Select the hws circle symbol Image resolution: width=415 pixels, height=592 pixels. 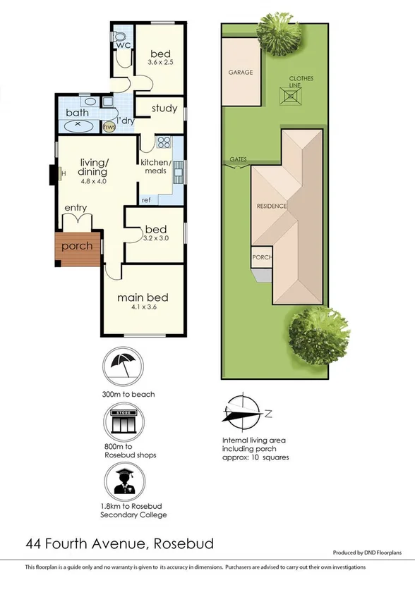(109, 127)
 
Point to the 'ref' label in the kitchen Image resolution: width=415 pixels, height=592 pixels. (146, 200)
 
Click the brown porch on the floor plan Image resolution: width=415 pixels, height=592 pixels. (77, 248)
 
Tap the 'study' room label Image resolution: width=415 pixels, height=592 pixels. (164, 109)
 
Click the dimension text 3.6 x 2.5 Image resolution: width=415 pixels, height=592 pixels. (162, 63)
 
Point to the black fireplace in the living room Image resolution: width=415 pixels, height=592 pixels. (54, 173)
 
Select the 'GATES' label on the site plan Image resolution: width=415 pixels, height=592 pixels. (238, 159)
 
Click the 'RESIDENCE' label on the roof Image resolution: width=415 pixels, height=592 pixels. (271, 206)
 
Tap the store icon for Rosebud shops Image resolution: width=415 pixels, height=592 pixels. (124, 425)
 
